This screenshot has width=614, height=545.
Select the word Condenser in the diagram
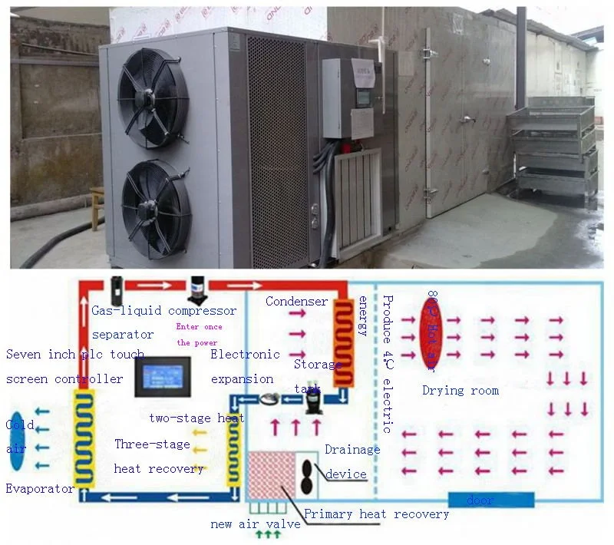tap(296, 302)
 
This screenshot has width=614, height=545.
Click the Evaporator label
tap(40, 488)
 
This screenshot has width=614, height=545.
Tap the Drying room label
tap(460, 390)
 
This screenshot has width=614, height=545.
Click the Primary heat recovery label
tap(376, 514)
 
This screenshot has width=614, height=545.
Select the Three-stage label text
tap(151, 444)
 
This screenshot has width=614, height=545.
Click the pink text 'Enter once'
tap(199, 327)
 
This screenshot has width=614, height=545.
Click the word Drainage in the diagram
tap(352, 450)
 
